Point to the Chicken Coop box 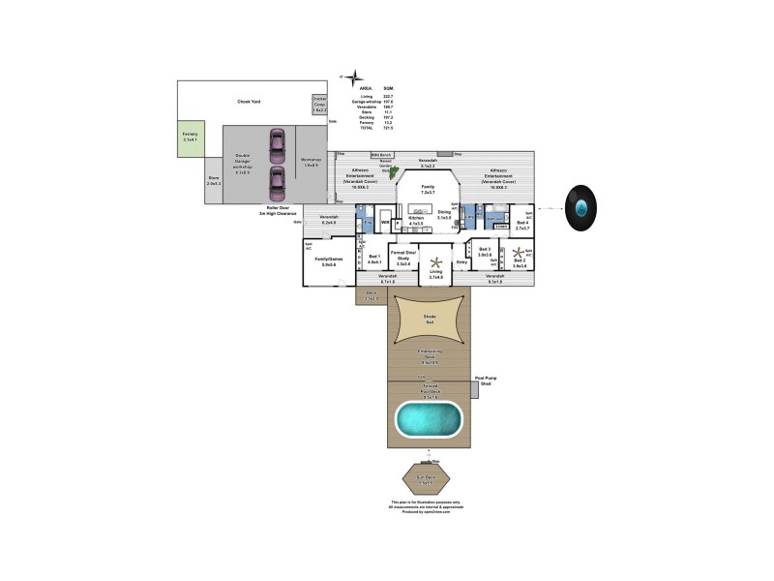point(319,105)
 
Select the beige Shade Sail point(430,320)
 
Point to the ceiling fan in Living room point(436,261)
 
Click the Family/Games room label point(331,261)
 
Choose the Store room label point(214,180)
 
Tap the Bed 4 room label point(522,225)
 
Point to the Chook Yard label point(249,102)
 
